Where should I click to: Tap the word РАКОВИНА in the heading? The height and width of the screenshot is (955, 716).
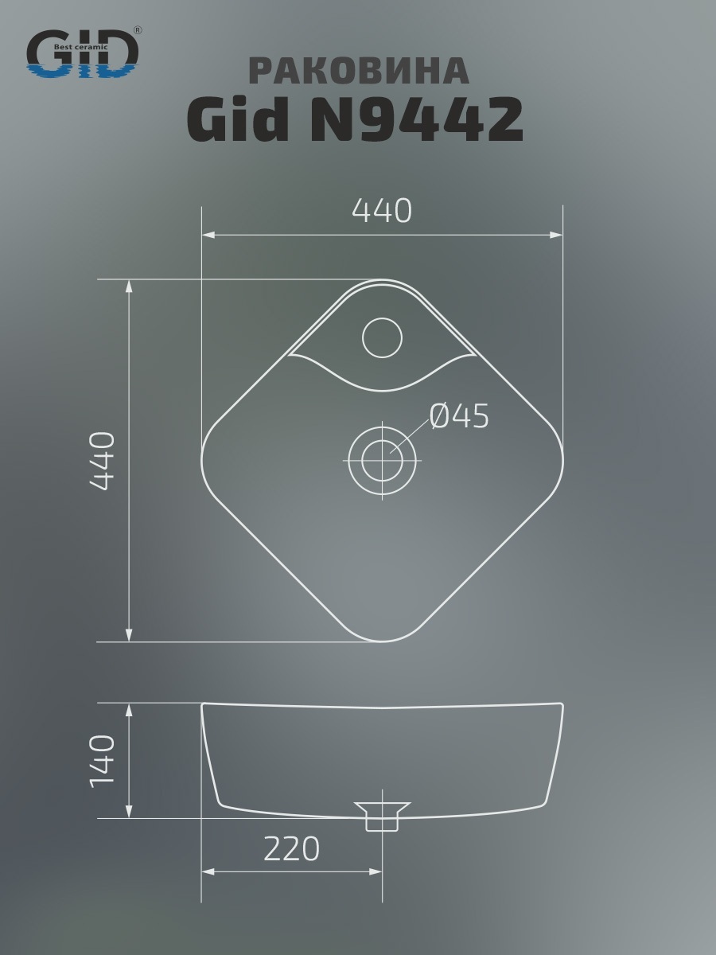(x=359, y=71)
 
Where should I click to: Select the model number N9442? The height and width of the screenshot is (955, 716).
(x=416, y=119)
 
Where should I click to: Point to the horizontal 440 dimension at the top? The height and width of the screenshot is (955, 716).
(x=382, y=211)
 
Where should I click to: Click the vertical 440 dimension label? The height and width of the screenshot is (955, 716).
(x=102, y=461)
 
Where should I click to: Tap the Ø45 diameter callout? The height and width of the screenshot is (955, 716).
(x=460, y=416)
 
